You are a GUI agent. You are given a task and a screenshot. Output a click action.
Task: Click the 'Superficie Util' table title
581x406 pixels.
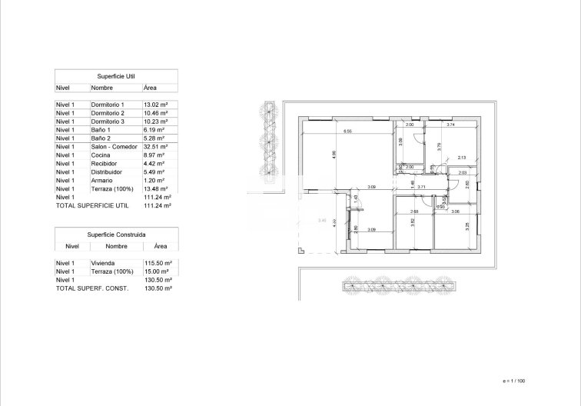click(116, 76)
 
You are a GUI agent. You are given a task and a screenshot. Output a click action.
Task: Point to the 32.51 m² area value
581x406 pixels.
click(156, 147)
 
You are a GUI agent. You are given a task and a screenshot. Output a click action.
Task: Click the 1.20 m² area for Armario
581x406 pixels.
click(156, 181)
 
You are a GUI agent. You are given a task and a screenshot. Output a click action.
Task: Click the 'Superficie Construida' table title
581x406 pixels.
click(116, 234)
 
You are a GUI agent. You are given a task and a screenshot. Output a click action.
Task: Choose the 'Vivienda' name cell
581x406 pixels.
click(104, 263)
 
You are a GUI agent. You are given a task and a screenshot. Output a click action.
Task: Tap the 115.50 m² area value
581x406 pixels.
click(158, 263)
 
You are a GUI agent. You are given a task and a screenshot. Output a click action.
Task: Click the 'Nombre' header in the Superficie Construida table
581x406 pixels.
click(117, 246)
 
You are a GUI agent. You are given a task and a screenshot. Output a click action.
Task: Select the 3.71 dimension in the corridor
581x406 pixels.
click(422, 187)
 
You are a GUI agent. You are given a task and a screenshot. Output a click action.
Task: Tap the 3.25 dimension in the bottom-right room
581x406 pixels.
click(467, 226)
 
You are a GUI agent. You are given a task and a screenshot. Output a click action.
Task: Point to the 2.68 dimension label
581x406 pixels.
click(414, 211)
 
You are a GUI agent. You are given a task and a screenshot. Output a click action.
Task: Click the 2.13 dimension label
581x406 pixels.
click(461, 158)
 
